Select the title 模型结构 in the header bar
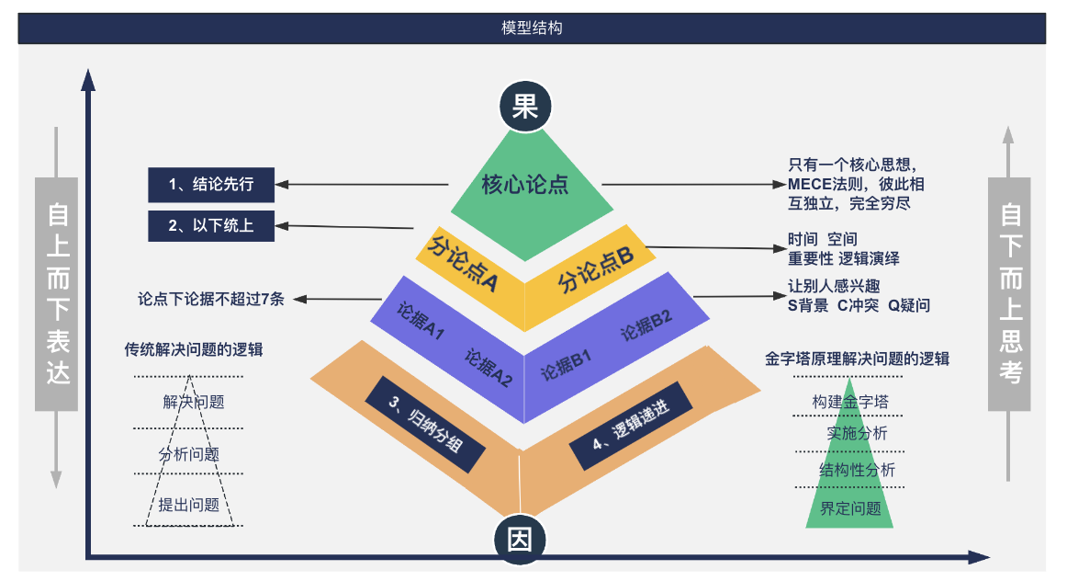tap(532, 28)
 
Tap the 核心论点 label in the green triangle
tap(525, 185)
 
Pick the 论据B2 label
tap(646, 325)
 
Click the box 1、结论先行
tap(211, 185)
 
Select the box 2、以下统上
tap(211, 225)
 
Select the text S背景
tap(808, 305)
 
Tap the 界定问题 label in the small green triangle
tap(850, 508)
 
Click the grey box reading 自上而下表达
tap(56, 294)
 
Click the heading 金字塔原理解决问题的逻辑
tap(857, 359)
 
